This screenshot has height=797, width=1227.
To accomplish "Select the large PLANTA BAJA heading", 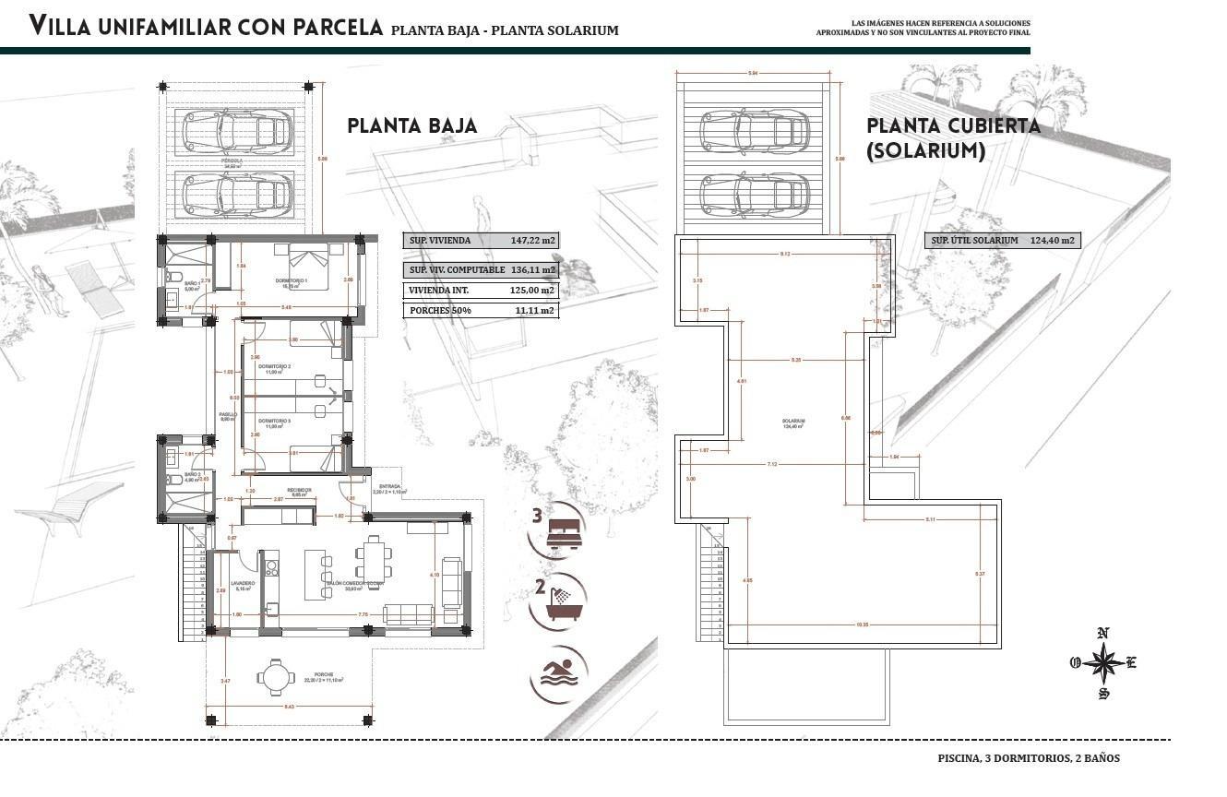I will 412,125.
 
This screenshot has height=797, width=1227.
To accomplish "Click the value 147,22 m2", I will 533,241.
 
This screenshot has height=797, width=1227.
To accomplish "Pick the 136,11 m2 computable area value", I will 533,270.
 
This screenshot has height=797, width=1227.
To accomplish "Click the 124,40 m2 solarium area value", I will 1054,241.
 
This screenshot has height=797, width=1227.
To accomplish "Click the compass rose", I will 1102,662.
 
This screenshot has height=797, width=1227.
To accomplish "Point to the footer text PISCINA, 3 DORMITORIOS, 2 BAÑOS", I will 1029,758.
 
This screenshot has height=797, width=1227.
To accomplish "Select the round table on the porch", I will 274,677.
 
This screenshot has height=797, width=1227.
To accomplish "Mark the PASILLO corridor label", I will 227,415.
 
